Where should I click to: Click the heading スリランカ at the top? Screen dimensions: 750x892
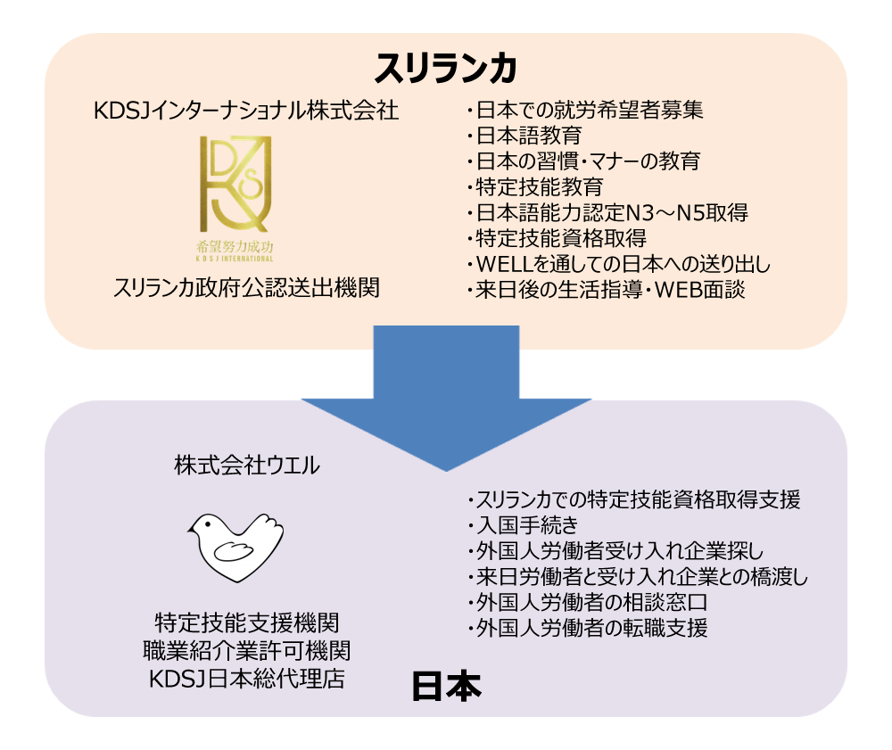tap(446, 67)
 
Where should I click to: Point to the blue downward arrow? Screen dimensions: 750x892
tap(446, 392)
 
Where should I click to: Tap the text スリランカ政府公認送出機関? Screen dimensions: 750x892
tap(235, 288)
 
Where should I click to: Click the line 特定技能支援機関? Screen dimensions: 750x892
tap(246, 621)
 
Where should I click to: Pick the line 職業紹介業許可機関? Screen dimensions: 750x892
tap(246, 648)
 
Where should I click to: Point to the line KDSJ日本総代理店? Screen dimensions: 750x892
tap(246, 677)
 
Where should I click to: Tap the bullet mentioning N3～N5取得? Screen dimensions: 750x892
tap(607, 213)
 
